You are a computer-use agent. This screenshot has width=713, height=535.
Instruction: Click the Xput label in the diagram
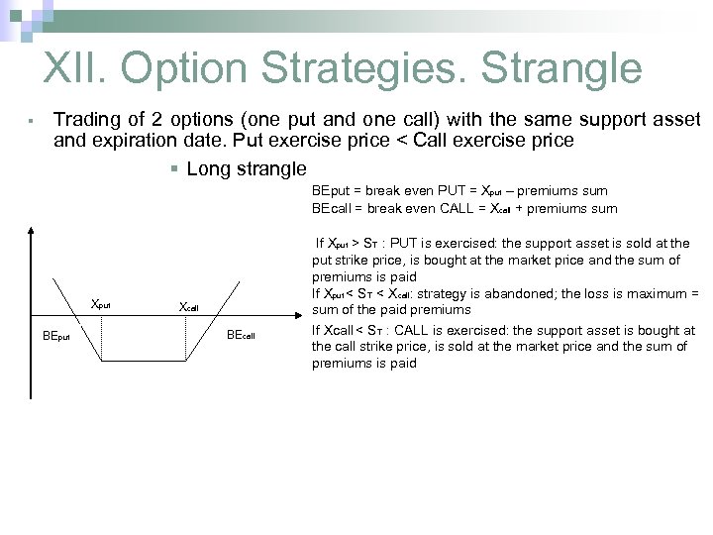click(x=100, y=305)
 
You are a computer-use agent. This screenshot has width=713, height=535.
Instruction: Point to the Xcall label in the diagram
click(x=187, y=308)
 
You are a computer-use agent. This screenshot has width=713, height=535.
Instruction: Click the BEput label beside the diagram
click(x=56, y=336)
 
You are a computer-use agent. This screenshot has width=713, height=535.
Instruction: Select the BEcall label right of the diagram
click(x=241, y=336)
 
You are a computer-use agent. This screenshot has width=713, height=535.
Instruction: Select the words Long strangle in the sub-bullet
click(x=247, y=168)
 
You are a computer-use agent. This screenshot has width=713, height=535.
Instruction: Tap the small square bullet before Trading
click(x=32, y=121)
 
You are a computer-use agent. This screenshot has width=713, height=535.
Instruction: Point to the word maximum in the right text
click(x=659, y=293)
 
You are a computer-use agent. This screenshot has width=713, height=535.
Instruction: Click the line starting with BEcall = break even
click(x=463, y=208)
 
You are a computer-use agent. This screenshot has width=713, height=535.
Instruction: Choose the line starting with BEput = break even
click(x=459, y=189)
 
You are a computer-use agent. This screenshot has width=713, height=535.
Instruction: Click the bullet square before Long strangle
click(x=173, y=168)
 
